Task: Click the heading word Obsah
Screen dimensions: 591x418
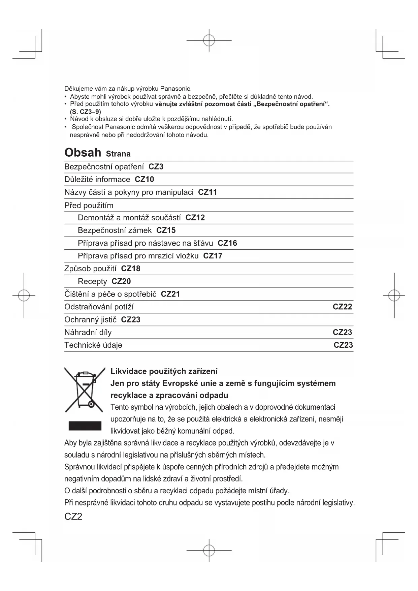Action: point(83,153)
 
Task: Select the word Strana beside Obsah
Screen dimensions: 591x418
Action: point(118,154)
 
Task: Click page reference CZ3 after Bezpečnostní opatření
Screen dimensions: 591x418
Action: point(156,167)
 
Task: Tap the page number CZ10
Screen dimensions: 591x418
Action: point(144,180)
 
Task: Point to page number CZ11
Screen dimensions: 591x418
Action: point(207,192)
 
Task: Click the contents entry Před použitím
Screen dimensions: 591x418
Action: point(89,206)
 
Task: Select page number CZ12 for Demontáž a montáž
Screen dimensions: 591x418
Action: point(195,218)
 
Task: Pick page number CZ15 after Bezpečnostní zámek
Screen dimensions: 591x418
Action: point(166,230)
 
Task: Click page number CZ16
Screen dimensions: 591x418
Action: point(227,243)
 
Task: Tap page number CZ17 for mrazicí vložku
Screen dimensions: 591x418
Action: point(213,256)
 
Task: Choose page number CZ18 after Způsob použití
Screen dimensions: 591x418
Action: point(131,269)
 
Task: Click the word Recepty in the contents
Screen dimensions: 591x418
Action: point(92,282)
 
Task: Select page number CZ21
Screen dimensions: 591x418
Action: point(170,294)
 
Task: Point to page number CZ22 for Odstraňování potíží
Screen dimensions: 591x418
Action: point(342,307)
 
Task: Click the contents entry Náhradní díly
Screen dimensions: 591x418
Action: point(88,333)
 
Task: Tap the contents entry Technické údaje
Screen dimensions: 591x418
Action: point(93,345)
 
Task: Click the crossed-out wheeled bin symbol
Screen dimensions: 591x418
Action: point(85,390)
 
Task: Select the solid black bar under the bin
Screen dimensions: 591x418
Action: point(85,426)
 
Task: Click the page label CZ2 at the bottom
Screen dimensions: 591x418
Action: point(73,517)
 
